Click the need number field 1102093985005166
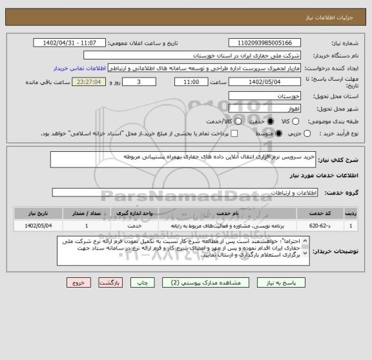[x=264, y=43]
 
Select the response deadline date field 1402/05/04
[x=264, y=82]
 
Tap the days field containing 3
[x=141, y=82]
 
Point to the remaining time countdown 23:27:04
[x=88, y=82]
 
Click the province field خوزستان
[x=264, y=95]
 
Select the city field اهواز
[x=264, y=108]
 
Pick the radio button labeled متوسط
[x=278, y=134]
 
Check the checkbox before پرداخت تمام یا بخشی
[x=234, y=134]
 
